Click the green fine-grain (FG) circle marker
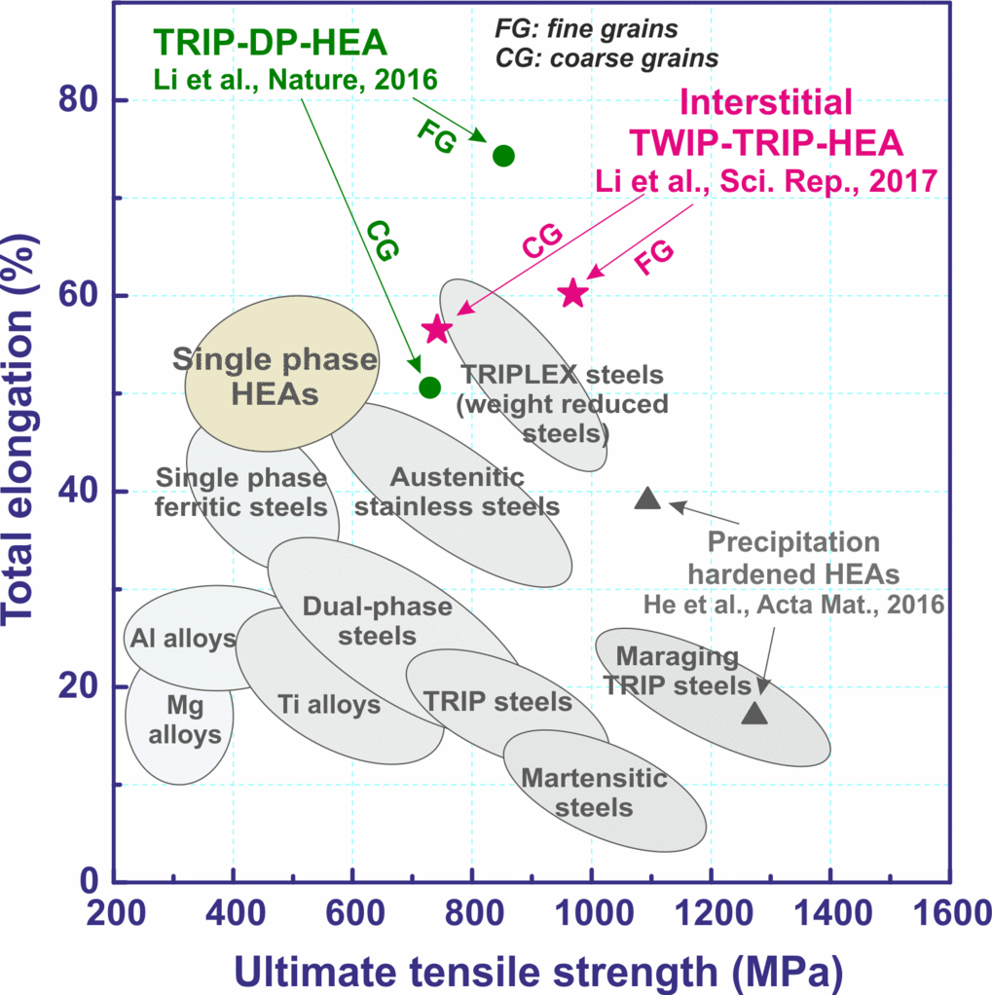(503, 156)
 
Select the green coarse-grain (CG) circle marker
(429, 387)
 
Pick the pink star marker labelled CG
(436, 329)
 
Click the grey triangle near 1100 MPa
(647, 499)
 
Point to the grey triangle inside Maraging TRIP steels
(755, 714)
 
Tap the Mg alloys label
(180, 720)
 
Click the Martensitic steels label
(594, 792)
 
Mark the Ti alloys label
(328, 704)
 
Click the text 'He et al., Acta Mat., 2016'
(793, 605)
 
